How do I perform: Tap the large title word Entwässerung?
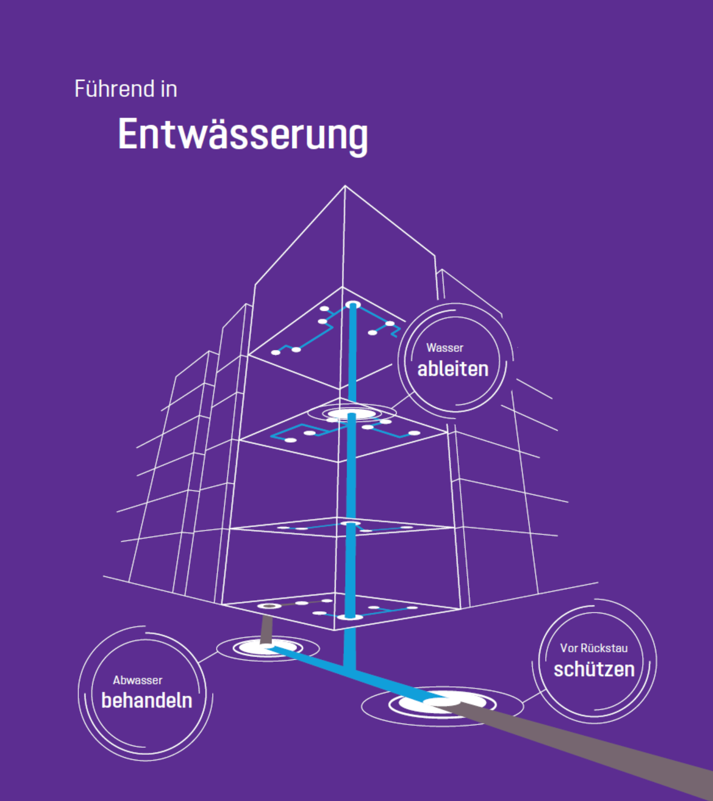243,135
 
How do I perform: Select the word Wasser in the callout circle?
445,348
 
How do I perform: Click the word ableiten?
453,369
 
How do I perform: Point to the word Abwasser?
138,681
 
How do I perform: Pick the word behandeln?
146,700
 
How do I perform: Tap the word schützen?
594,669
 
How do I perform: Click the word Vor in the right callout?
569,648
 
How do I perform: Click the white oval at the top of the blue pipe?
353,305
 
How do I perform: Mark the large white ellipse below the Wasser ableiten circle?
350,414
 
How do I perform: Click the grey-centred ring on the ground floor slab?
269,606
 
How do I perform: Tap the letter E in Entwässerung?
129,135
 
